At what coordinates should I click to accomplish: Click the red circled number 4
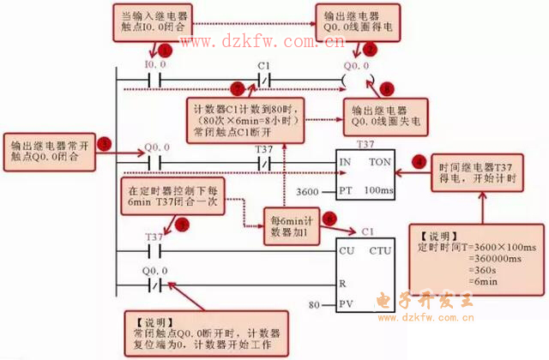point(419,159)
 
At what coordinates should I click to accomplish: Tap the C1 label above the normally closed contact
point(265,65)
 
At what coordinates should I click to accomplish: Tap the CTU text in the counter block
point(379,251)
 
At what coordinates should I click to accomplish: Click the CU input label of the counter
point(347,251)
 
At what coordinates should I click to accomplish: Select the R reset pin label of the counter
point(343,280)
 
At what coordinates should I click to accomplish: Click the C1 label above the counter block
point(368,232)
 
